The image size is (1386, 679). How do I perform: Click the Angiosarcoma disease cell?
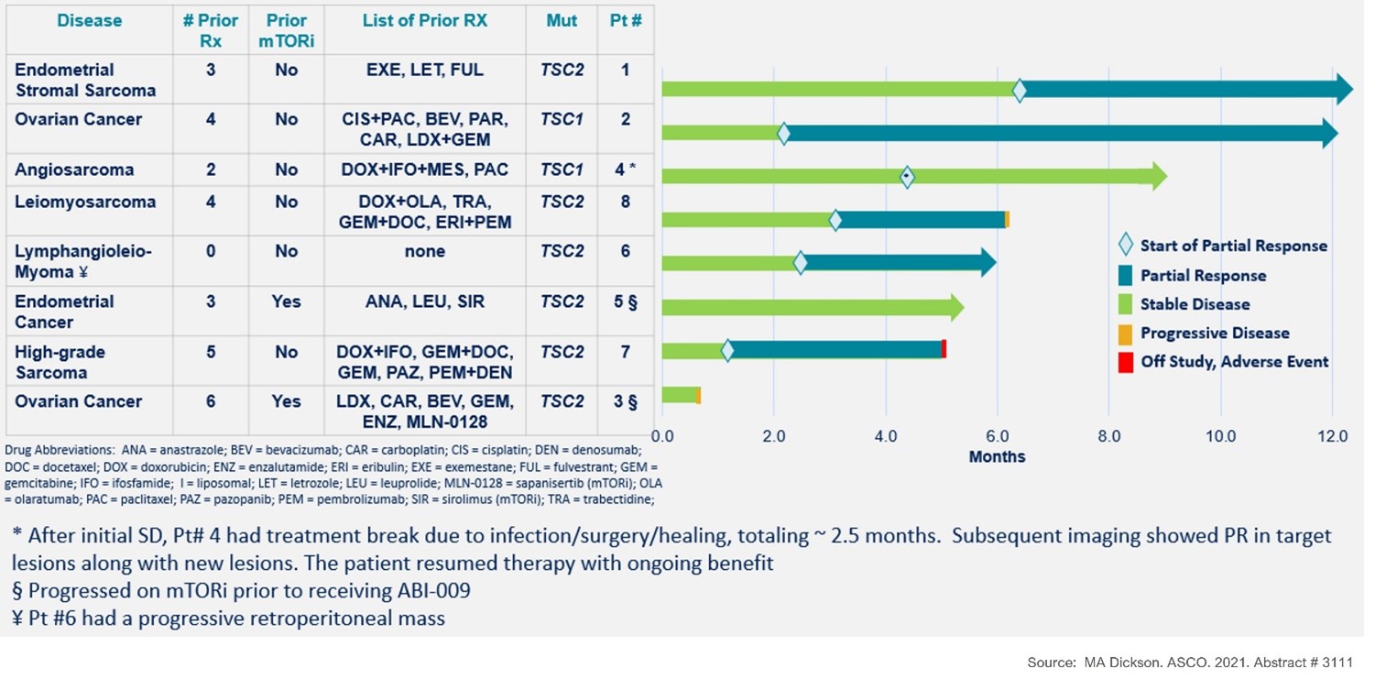(x=74, y=170)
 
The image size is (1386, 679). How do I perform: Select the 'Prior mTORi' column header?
(x=286, y=31)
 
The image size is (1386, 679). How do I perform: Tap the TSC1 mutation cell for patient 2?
(x=561, y=119)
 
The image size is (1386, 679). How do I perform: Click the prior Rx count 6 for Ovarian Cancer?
(x=211, y=401)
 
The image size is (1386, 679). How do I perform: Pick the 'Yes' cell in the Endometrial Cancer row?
(x=286, y=301)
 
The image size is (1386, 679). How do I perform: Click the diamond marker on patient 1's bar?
(x=1019, y=90)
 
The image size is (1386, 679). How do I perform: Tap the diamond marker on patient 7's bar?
(x=727, y=350)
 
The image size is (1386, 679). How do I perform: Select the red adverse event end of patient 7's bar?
(x=944, y=349)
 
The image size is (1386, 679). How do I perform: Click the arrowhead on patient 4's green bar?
(x=1159, y=177)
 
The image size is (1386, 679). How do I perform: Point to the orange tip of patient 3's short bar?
(x=698, y=395)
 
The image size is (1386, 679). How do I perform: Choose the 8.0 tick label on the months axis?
(x=1108, y=437)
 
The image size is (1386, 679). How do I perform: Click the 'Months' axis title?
(x=997, y=456)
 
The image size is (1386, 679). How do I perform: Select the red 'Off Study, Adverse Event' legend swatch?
(x=1125, y=362)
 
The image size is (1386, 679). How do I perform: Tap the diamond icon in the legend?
(x=1125, y=246)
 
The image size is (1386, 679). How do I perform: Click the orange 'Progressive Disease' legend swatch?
(x=1125, y=333)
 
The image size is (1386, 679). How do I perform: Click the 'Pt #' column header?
(x=625, y=21)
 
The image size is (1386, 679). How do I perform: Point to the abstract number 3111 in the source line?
(x=1337, y=663)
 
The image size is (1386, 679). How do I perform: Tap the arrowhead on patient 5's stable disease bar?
(x=956, y=307)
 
